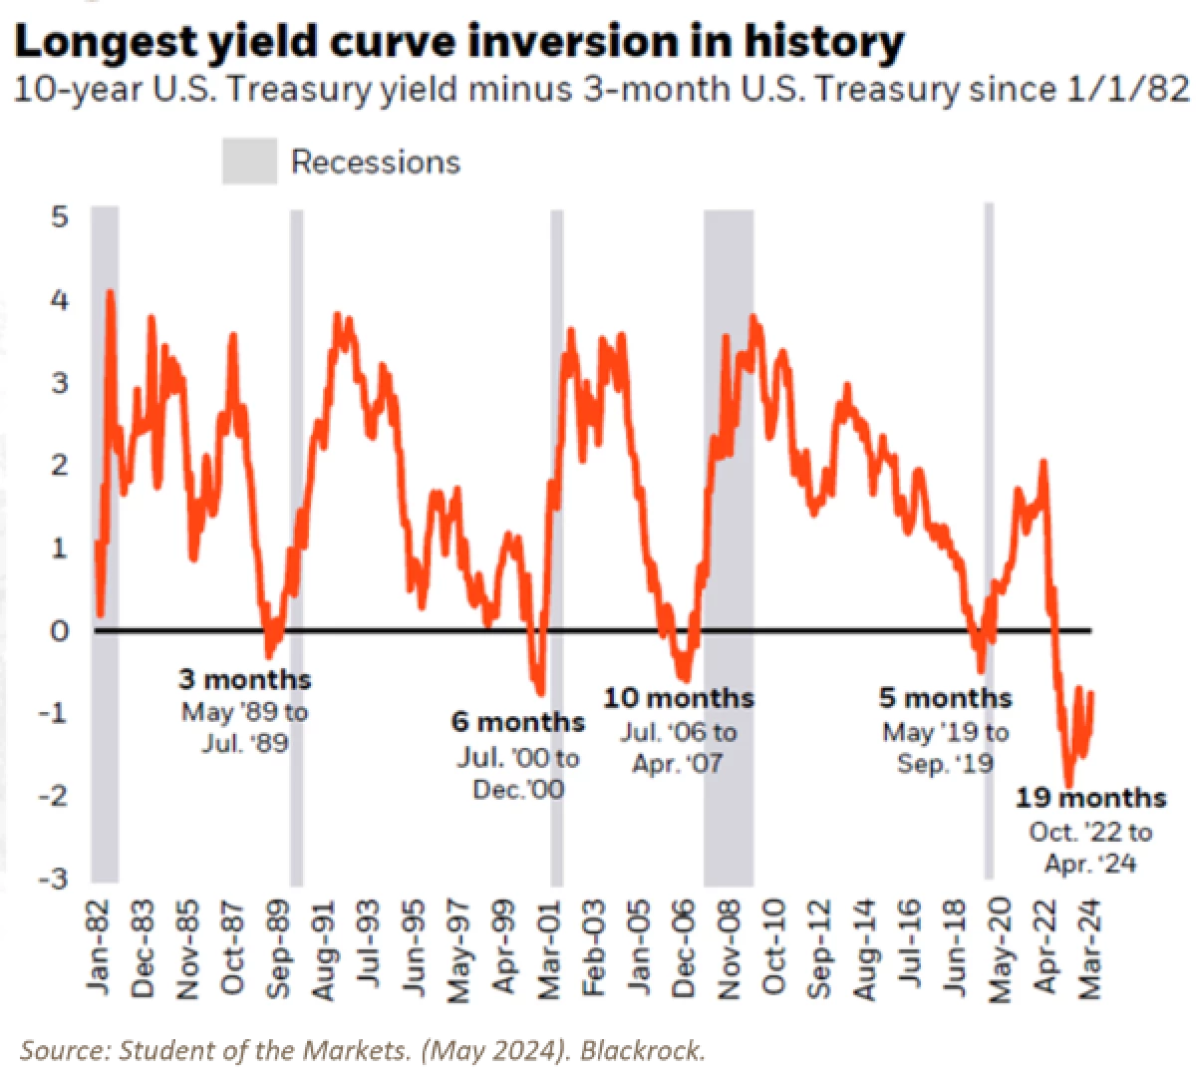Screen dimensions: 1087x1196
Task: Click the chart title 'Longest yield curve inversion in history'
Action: click(459, 42)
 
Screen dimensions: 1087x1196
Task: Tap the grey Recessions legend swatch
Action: click(248, 162)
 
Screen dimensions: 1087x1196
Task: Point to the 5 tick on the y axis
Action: click(60, 216)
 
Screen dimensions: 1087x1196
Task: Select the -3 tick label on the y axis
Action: click(54, 879)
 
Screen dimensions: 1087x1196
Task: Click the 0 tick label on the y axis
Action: click(60, 630)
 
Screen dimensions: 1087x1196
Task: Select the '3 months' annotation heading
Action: click(244, 680)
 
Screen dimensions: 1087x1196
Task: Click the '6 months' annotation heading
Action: click(518, 722)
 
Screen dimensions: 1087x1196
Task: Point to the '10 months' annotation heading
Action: click(679, 698)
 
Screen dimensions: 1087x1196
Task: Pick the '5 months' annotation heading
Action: click(945, 698)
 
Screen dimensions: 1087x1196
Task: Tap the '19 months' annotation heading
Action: click(1090, 798)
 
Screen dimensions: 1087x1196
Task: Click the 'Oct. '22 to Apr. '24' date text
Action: click(1090, 848)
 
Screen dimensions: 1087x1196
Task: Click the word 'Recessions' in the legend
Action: click(376, 162)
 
